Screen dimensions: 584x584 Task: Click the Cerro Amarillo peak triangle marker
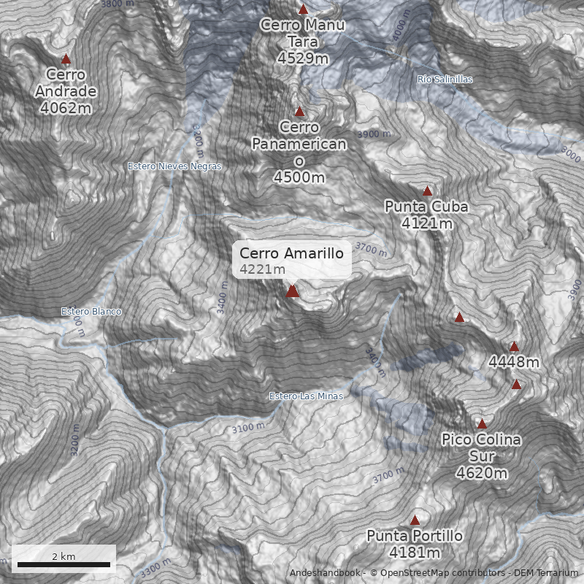click(293, 291)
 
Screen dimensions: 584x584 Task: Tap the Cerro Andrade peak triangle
click(66, 59)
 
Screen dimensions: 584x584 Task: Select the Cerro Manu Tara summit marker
click(303, 9)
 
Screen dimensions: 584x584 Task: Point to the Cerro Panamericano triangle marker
click(299, 112)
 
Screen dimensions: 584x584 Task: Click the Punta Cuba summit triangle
click(428, 191)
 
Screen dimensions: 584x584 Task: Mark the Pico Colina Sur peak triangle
click(482, 423)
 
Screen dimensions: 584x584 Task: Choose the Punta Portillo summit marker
click(415, 520)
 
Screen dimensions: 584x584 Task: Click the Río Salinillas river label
click(445, 79)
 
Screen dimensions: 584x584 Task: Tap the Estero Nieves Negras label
click(174, 166)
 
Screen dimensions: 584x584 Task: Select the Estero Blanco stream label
click(91, 312)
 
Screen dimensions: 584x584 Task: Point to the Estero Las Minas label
click(306, 396)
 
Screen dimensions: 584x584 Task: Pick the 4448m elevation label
click(514, 362)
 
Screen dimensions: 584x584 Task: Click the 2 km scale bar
click(64, 564)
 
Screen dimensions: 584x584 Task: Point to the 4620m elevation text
click(481, 473)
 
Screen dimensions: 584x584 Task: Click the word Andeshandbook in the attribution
click(325, 573)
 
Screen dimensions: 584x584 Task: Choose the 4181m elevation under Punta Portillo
click(415, 553)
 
